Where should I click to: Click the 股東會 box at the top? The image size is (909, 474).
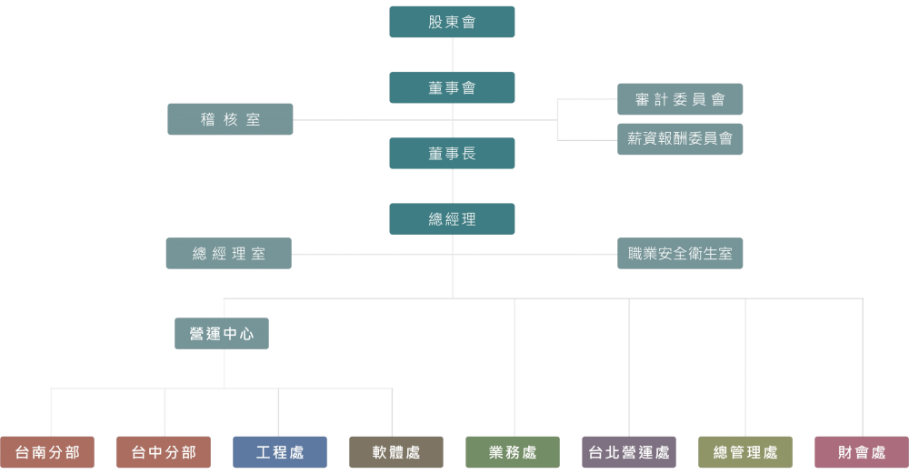pyautogui.click(x=452, y=22)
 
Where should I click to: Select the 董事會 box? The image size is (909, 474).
pyautogui.click(x=452, y=87)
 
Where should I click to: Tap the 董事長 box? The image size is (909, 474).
pyautogui.click(x=452, y=154)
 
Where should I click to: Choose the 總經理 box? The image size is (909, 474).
pyautogui.click(x=452, y=219)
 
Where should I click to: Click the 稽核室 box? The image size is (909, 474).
pyautogui.click(x=230, y=119)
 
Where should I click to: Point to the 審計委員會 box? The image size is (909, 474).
pyautogui.click(x=680, y=99)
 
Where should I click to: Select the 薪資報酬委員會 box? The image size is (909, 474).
pyautogui.click(x=680, y=139)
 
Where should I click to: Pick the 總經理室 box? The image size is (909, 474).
pyautogui.click(x=228, y=254)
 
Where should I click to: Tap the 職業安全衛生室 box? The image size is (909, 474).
pyautogui.click(x=680, y=254)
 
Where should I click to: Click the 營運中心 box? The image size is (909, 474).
pyautogui.click(x=222, y=334)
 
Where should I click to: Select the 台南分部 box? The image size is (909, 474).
pyautogui.click(x=47, y=452)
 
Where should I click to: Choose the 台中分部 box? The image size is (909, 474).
pyautogui.click(x=164, y=452)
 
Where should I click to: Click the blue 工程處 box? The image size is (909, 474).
pyautogui.click(x=280, y=452)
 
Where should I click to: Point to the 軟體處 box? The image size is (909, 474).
pyautogui.click(x=396, y=452)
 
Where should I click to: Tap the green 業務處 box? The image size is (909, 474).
pyautogui.click(x=513, y=452)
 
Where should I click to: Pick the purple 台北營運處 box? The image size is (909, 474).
pyautogui.click(x=629, y=452)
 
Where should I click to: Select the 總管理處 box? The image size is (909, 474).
pyautogui.click(x=745, y=452)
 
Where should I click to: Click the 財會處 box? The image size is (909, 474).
pyautogui.click(x=862, y=452)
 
